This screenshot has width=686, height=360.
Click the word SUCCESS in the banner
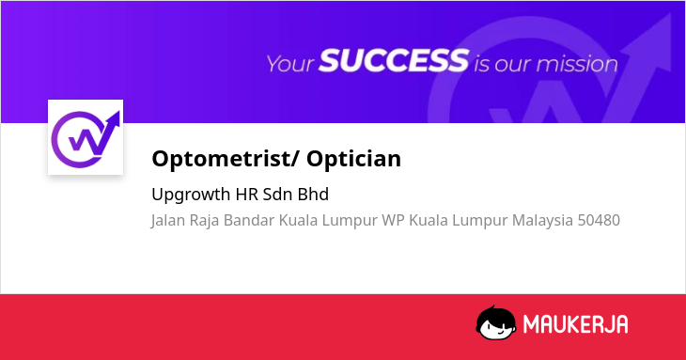click(394, 60)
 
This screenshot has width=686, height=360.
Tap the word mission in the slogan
click(577, 64)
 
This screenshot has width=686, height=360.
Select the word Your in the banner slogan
click(290, 64)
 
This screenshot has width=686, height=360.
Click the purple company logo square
click(86, 137)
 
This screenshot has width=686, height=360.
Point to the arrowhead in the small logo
click(115, 119)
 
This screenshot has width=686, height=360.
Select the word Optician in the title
click(353, 158)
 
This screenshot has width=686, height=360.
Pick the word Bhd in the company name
click(313, 195)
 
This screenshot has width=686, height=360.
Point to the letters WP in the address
click(393, 220)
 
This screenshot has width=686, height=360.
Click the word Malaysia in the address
click(542, 220)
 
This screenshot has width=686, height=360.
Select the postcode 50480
click(599, 220)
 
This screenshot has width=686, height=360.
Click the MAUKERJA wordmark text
click(575, 324)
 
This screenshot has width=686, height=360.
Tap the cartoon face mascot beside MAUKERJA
click(495, 322)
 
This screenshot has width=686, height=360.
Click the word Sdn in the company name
click(277, 195)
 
